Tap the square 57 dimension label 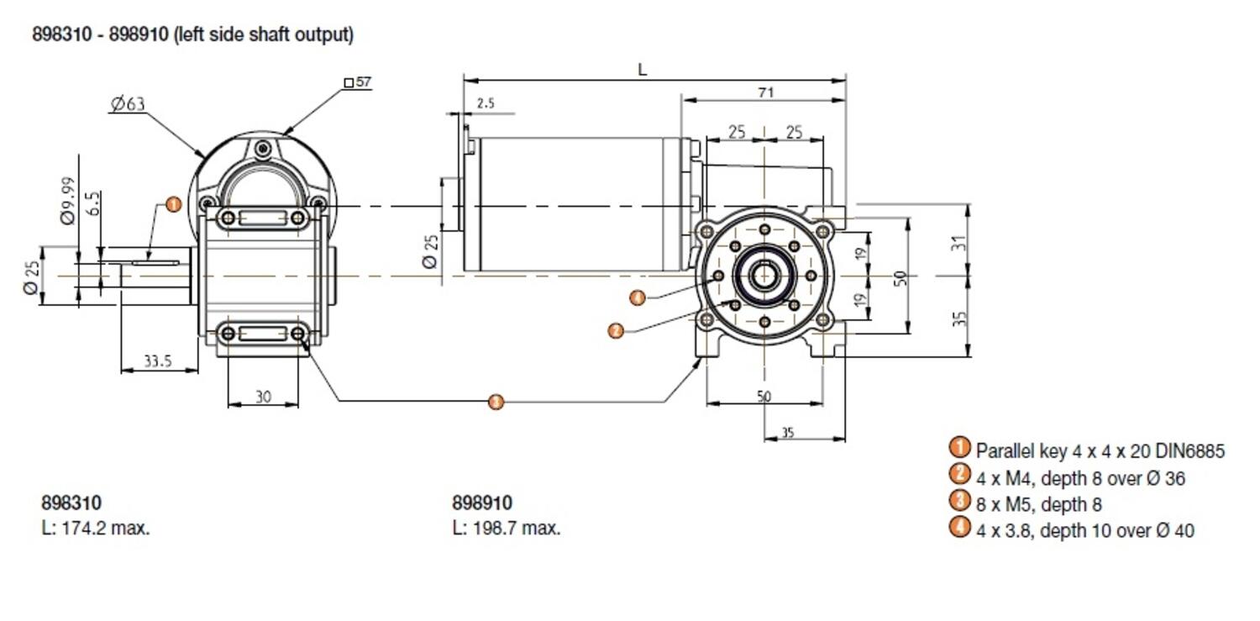pyautogui.click(x=359, y=82)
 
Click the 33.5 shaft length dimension pyautogui.click(x=157, y=361)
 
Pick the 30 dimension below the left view pyautogui.click(x=263, y=397)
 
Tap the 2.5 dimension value pyautogui.click(x=486, y=103)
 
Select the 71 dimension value pyautogui.click(x=765, y=93)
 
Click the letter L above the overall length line pyautogui.click(x=643, y=71)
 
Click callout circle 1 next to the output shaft pyautogui.click(x=173, y=204)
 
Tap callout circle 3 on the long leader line pyautogui.click(x=496, y=402)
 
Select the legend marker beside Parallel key pyautogui.click(x=958, y=449)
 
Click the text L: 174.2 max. pyautogui.click(x=95, y=529)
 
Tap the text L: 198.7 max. pyautogui.click(x=506, y=529)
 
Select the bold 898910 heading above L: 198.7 pyautogui.click(x=481, y=503)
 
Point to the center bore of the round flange pyautogui.click(x=764, y=276)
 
